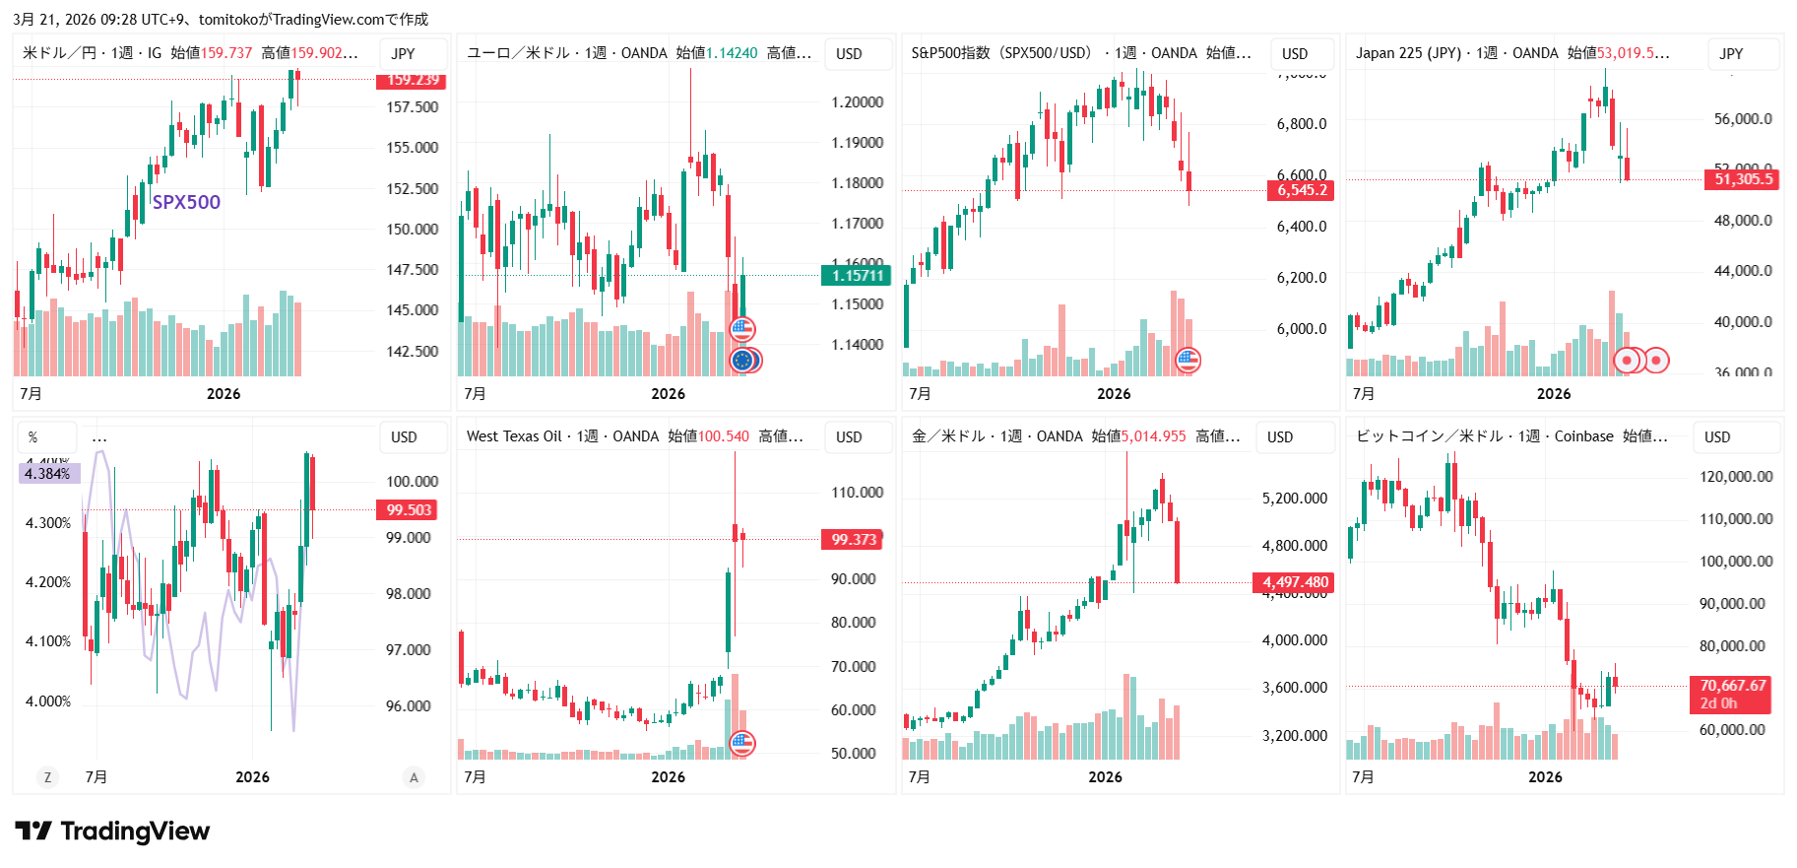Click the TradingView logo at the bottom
coord(112,832)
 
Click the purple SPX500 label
coord(186,202)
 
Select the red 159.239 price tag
coord(413,81)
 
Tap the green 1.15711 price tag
coord(856,276)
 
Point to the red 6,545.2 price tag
coord(1301,191)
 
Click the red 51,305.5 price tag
coord(1743,179)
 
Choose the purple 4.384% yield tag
coord(48,474)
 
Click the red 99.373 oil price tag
coord(853,540)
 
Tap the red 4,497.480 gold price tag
coord(1294,582)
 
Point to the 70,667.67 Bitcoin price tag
coord(1732,694)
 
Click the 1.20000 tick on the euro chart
coord(857,102)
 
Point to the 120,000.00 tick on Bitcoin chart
coord(1735,477)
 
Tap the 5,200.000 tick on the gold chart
coord(1294,499)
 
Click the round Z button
coord(47,777)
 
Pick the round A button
coord(414,777)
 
